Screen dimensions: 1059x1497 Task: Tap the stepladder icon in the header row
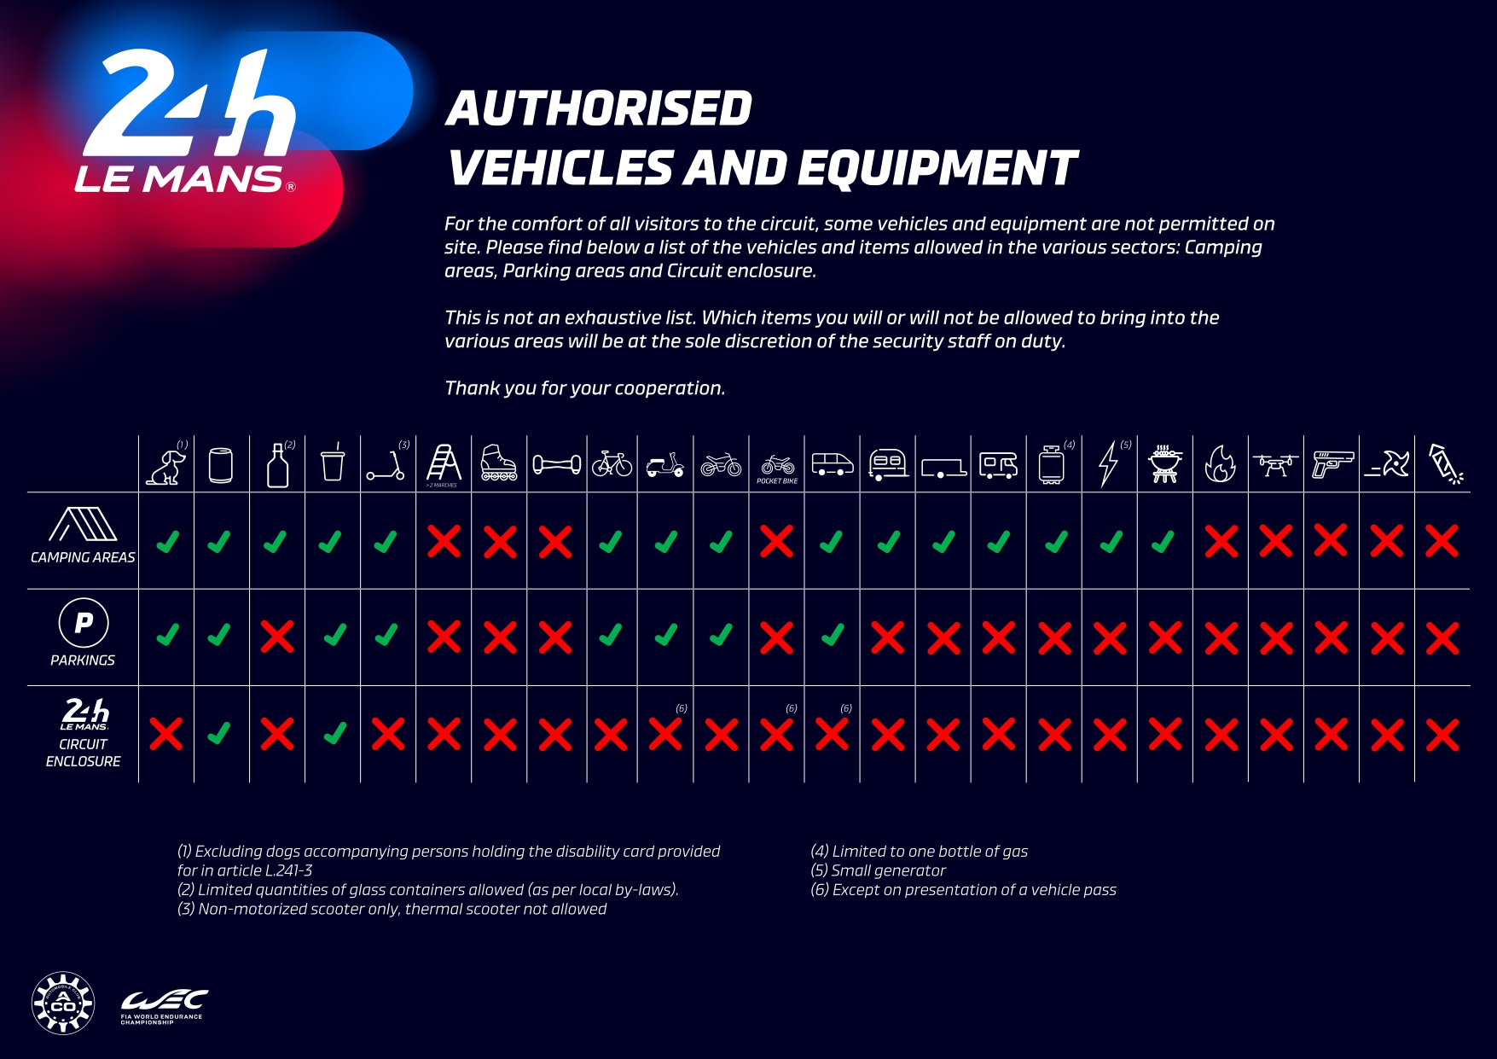[444, 463]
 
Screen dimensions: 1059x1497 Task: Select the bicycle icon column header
[612, 464]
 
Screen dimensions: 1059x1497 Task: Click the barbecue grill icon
[1164, 464]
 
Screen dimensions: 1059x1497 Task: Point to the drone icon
[1275, 464]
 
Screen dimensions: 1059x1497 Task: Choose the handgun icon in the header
[1332, 464]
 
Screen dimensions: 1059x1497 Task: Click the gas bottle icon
[1052, 465]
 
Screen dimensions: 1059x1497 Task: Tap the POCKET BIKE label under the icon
[777, 481]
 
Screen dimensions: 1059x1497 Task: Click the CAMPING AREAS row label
[83, 557]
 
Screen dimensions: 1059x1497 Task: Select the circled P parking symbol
[84, 623]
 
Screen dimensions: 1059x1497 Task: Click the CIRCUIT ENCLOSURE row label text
[83, 753]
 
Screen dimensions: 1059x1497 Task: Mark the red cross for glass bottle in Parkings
[277, 637]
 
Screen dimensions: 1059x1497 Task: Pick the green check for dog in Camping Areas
[167, 542]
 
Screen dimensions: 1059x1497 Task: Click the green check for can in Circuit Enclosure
[220, 733]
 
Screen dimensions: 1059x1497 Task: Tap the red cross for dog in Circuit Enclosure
[166, 734]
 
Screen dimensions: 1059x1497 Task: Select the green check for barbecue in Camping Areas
[1163, 542]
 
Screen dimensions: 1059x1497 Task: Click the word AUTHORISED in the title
[599, 109]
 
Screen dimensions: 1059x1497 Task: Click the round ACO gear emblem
[63, 1004]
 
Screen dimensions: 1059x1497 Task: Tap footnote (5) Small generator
[879, 870]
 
